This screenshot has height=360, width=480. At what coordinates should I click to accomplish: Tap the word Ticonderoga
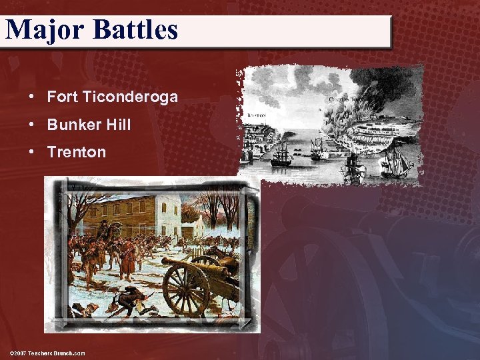(x=131, y=97)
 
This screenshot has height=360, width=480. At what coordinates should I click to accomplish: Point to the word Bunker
(x=75, y=125)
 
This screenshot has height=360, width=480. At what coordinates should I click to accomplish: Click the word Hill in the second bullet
(x=119, y=125)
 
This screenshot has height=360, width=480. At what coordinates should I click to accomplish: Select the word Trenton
(x=77, y=152)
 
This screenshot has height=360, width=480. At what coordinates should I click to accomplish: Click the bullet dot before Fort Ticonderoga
(x=33, y=97)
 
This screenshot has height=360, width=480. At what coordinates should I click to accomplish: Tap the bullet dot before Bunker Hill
(x=33, y=125)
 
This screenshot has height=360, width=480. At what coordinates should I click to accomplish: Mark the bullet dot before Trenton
(x=33, y=152)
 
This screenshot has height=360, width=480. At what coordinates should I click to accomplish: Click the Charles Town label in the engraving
(x=343, y=99)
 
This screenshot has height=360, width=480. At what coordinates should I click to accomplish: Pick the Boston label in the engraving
(x=256, y=115)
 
